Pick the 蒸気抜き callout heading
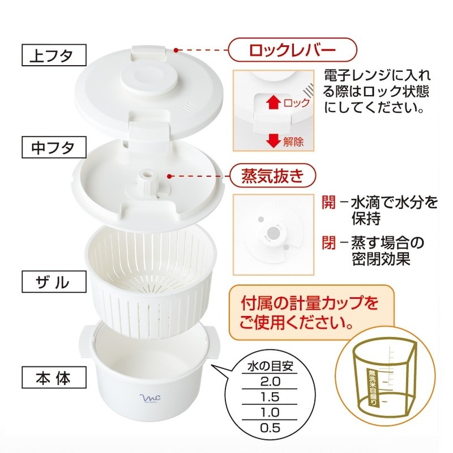272,176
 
